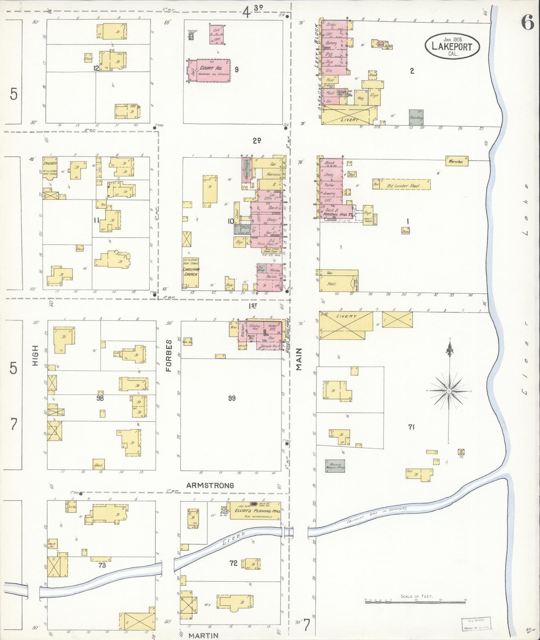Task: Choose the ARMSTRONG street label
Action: pyautogui.click(x=210, y=485)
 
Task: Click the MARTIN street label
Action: pyautogui.click(x=203, y=635)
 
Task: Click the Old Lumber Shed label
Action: pyautogui.click(x=403, y=186)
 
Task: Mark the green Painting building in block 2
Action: pyautogui.click(x=416, y=117)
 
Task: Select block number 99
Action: pyautogui.click(x=232, y=398)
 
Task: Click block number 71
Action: pyautogui.click(x=411, y=427)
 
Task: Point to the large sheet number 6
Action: pyautogui.click(x=527, y=23)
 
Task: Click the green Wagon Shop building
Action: pyautogui.click(x=334, y=466)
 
